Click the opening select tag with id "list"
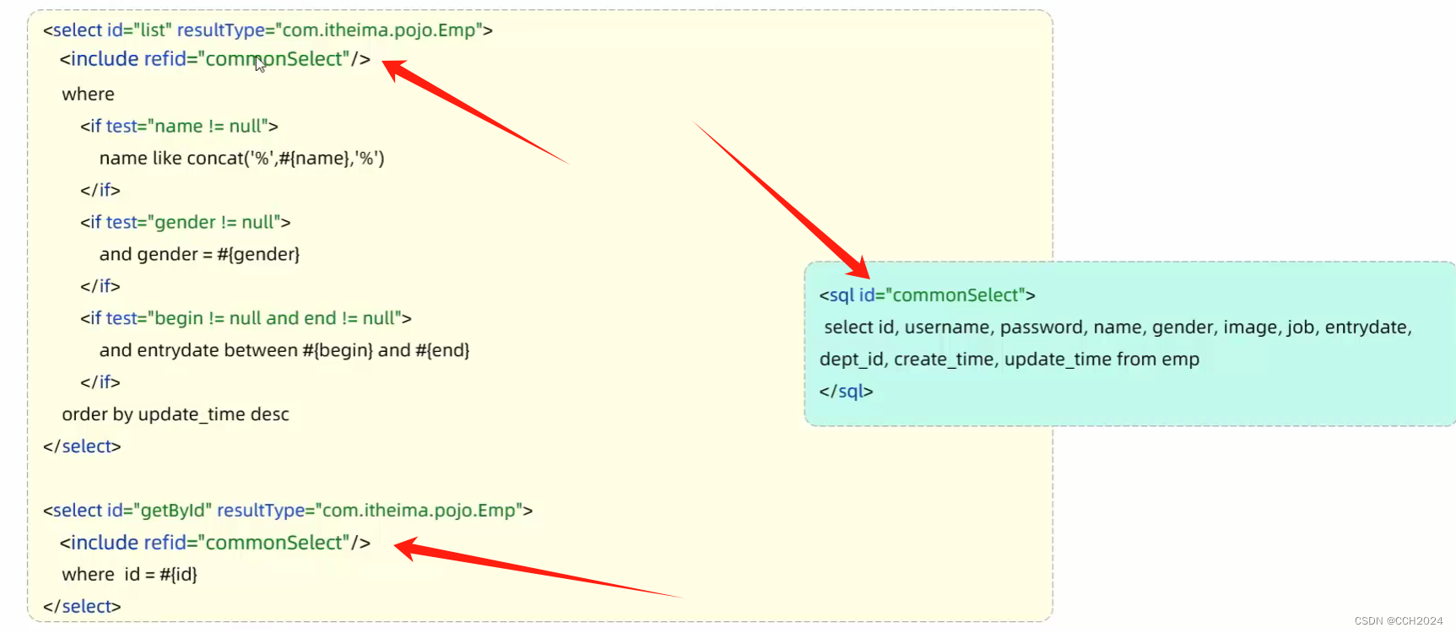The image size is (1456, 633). tap(268, 30)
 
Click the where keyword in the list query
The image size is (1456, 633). tap(88, 95)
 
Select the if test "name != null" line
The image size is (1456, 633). tap(179, 127)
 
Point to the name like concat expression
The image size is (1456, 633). tap(241, 159)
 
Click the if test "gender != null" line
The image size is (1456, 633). tap(185, 223)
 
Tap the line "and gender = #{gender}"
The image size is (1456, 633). tap(199, 255)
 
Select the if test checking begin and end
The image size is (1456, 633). tap(246, 319)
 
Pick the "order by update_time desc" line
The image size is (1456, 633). tap(176, 414)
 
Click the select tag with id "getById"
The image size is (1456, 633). tap(288, 511)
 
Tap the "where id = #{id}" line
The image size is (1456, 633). tap(129, 575)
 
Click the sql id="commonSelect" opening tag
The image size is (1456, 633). tap(927, 295)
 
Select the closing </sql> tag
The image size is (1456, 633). tap(846, 392)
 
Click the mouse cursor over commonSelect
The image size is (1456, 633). tap(260, 64)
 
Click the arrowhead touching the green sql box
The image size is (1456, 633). tap(859, 268)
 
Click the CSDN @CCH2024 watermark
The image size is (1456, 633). tap(1398, 621)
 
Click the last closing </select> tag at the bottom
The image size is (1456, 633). tap(82, 607)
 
